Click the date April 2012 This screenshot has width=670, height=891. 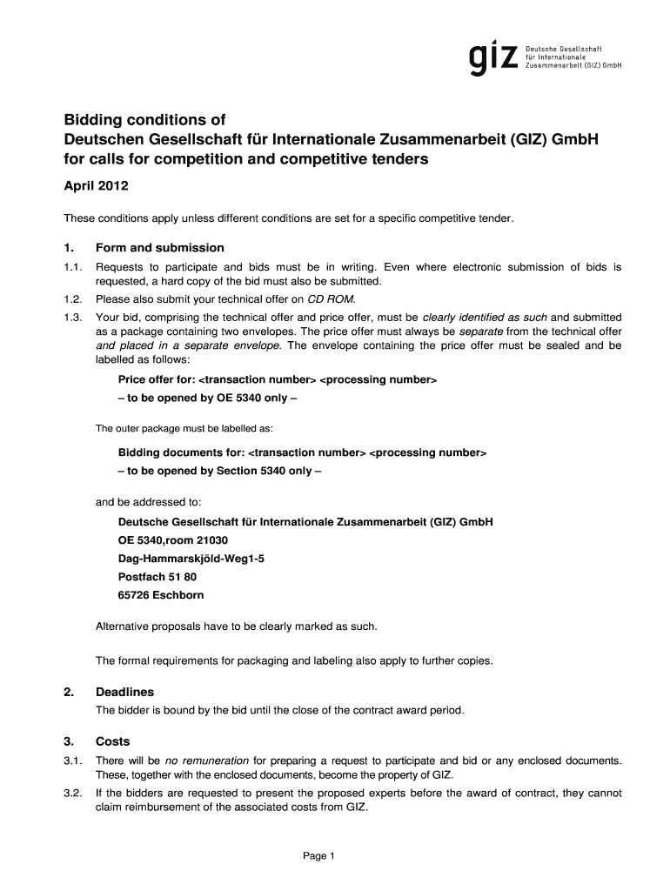[97, 186]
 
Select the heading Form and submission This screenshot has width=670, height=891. [159, 248]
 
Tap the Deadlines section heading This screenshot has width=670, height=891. [124, 692]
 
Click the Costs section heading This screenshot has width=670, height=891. [112, 741]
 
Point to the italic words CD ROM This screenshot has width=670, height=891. [332, 298]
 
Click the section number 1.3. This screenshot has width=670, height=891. [72, 317]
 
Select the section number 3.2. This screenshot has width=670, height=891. [72, 793]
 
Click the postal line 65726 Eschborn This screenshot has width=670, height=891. [161, 595]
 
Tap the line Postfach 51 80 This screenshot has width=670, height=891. [157, 577]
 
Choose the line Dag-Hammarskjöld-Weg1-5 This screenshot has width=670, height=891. [191, 559]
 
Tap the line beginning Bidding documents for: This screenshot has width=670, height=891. [302, 453]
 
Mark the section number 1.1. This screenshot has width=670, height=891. [72, 267]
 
